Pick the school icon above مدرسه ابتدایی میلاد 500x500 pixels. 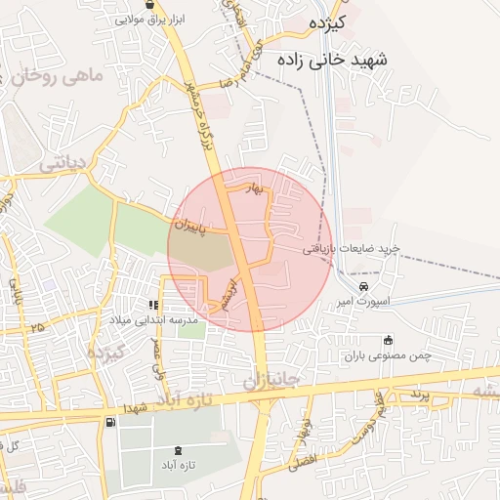153,304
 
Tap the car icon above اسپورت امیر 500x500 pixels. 363,287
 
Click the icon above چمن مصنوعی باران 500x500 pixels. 389,341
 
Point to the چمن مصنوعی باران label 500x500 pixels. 386,357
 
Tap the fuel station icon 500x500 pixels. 109,422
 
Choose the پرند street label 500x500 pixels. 419,394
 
